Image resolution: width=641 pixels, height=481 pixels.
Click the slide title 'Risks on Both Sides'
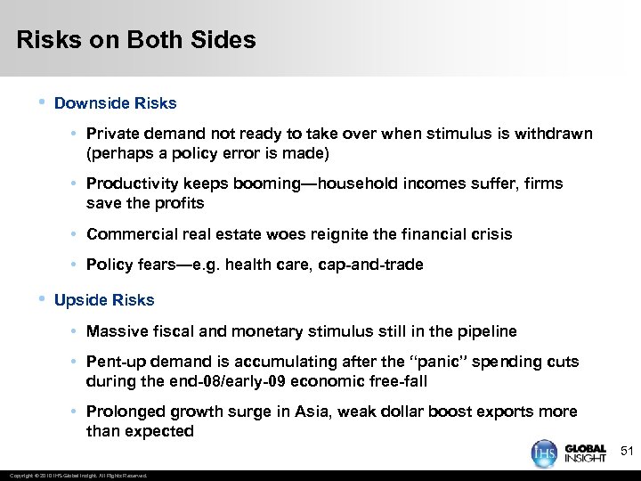pyautogui.click(x=136, y=40)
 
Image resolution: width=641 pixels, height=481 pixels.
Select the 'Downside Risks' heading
pyautogui.click(x=116, y=103)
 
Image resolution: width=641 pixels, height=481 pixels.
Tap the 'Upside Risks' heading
pyautogui.click(x=104, y=300)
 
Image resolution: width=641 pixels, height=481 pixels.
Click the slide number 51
pyautogui.click(x=626, y=452)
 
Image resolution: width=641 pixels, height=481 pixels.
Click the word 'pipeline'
pyautogui.click(x=486, y=331)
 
